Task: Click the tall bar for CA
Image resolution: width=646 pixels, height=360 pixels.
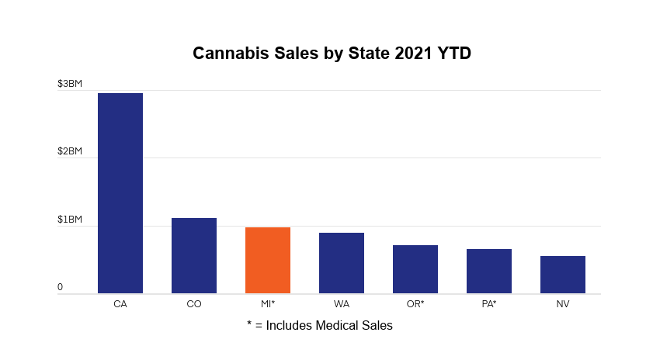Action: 120,193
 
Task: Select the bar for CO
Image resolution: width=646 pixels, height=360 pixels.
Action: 194,255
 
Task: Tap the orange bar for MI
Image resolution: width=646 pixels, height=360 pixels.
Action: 268,260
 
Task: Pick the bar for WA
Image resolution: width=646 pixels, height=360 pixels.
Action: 342,263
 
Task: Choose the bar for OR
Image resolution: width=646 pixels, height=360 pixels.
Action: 415,269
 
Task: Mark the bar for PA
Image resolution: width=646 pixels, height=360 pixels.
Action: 489,271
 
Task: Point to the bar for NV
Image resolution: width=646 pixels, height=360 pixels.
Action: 563,275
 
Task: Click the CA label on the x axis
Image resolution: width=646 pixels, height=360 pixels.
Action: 120,304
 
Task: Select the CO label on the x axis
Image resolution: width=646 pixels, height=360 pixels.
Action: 194,304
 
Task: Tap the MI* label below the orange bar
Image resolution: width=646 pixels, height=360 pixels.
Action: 268,304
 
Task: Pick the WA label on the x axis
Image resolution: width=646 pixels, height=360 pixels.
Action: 342,304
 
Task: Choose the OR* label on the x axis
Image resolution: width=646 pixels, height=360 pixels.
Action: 415,304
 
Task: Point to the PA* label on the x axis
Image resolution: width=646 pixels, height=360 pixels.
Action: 489,304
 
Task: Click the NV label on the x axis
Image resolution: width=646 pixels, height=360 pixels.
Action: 563,304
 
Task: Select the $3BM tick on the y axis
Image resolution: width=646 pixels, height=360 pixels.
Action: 70,84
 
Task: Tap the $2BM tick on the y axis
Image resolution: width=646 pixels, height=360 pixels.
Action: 70,151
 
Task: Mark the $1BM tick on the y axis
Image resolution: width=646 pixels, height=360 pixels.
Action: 70,220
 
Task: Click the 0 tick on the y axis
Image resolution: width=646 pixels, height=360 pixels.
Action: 60,288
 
